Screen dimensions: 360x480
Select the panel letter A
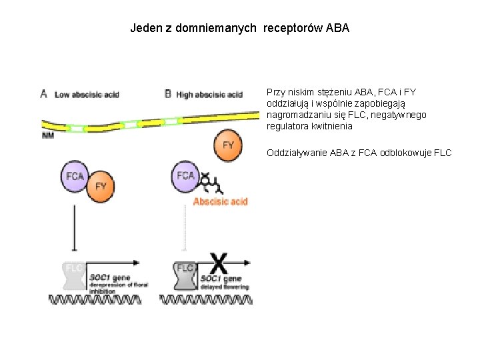pos(44,94)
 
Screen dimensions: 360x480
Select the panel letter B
pos(168,94)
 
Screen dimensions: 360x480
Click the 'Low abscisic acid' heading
pos(87,95)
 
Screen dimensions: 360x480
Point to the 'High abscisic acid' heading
pos(209,95)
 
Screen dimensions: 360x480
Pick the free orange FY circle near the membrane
pos(228,145)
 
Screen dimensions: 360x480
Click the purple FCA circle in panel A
pos(75,176)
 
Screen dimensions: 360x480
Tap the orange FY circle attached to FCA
pos(101,185)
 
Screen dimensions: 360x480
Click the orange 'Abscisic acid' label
pos(220,201)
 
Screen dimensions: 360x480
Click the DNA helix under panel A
pos(97,299)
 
